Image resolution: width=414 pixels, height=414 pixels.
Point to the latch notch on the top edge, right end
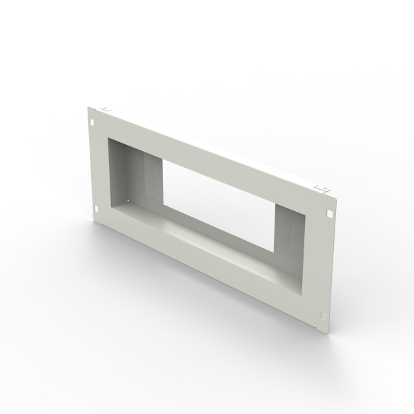click(x=319, y=187)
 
